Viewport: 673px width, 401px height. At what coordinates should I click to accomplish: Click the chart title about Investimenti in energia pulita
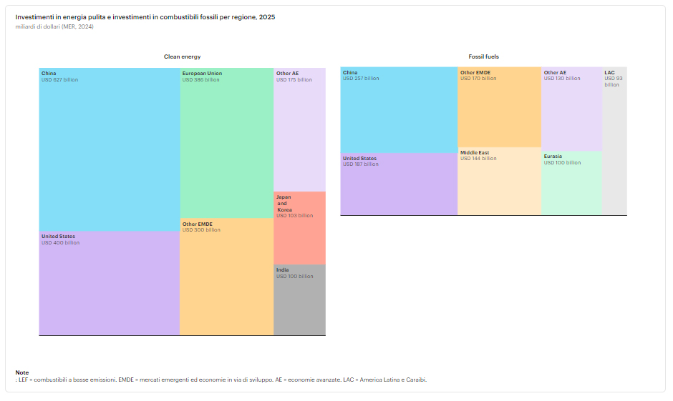[145, 16]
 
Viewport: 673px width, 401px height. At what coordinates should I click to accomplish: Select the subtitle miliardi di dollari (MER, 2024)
[54, 26]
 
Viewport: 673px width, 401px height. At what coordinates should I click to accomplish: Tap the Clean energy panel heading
[182, 56]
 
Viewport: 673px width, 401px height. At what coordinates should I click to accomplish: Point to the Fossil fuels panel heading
[483, 56]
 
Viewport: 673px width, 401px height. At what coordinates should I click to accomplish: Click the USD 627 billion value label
[59, 79]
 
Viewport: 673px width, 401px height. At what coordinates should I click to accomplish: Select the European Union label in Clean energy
[202, 73]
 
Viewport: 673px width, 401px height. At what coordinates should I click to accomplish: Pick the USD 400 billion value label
[60, 242]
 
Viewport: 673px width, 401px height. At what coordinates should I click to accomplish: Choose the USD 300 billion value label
[201, 230]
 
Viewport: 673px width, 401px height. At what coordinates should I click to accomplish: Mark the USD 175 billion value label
[294, 79]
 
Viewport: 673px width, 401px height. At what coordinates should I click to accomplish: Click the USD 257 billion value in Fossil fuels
[361, 78]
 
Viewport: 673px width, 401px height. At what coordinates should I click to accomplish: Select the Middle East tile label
[474, 152]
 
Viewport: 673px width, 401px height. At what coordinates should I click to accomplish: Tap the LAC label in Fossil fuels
[609, 72]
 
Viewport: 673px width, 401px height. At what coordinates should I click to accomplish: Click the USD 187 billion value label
[361, 164]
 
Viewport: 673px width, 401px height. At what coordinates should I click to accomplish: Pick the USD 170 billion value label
[478, 78]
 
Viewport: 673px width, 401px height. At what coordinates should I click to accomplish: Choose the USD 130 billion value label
[562, 78]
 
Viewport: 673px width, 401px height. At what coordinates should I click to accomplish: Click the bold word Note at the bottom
[22, 372]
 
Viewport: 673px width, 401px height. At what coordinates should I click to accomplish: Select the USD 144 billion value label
[478, 159]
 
